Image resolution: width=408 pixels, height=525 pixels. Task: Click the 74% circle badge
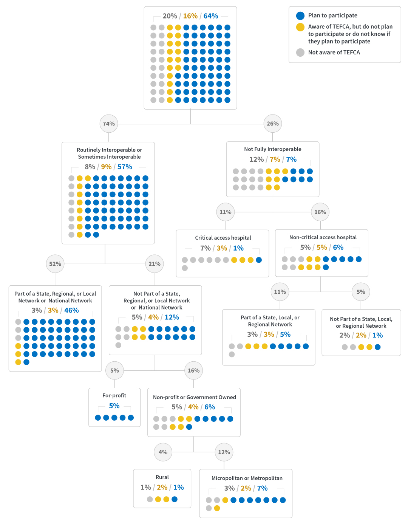109,124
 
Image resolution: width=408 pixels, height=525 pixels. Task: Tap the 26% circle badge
273,124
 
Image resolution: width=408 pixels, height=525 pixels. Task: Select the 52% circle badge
55,264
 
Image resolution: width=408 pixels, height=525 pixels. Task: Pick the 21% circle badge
155,264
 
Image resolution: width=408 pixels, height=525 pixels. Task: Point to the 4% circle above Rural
163,452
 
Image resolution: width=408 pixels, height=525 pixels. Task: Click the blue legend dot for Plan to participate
300,15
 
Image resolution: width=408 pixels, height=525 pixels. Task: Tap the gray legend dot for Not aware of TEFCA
300,53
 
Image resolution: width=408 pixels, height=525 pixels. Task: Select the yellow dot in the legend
300,27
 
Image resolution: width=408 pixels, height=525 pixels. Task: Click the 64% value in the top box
211,16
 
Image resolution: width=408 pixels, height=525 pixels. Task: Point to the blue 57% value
125,167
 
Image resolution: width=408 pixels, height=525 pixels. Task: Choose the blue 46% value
71,310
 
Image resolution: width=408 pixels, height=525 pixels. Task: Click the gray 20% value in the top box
170,16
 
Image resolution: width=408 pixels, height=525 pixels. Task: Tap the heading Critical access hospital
223,238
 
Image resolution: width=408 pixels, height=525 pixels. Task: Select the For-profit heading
114,395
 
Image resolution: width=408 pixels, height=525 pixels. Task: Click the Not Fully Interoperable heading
273,149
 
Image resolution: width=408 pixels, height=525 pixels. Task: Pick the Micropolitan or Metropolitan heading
247,478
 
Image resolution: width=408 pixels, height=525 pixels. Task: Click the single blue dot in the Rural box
175,499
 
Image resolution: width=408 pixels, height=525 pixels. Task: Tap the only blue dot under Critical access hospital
259,260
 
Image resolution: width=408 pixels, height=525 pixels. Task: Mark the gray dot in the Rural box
150,499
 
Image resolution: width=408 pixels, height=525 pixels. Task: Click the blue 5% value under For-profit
114,406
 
